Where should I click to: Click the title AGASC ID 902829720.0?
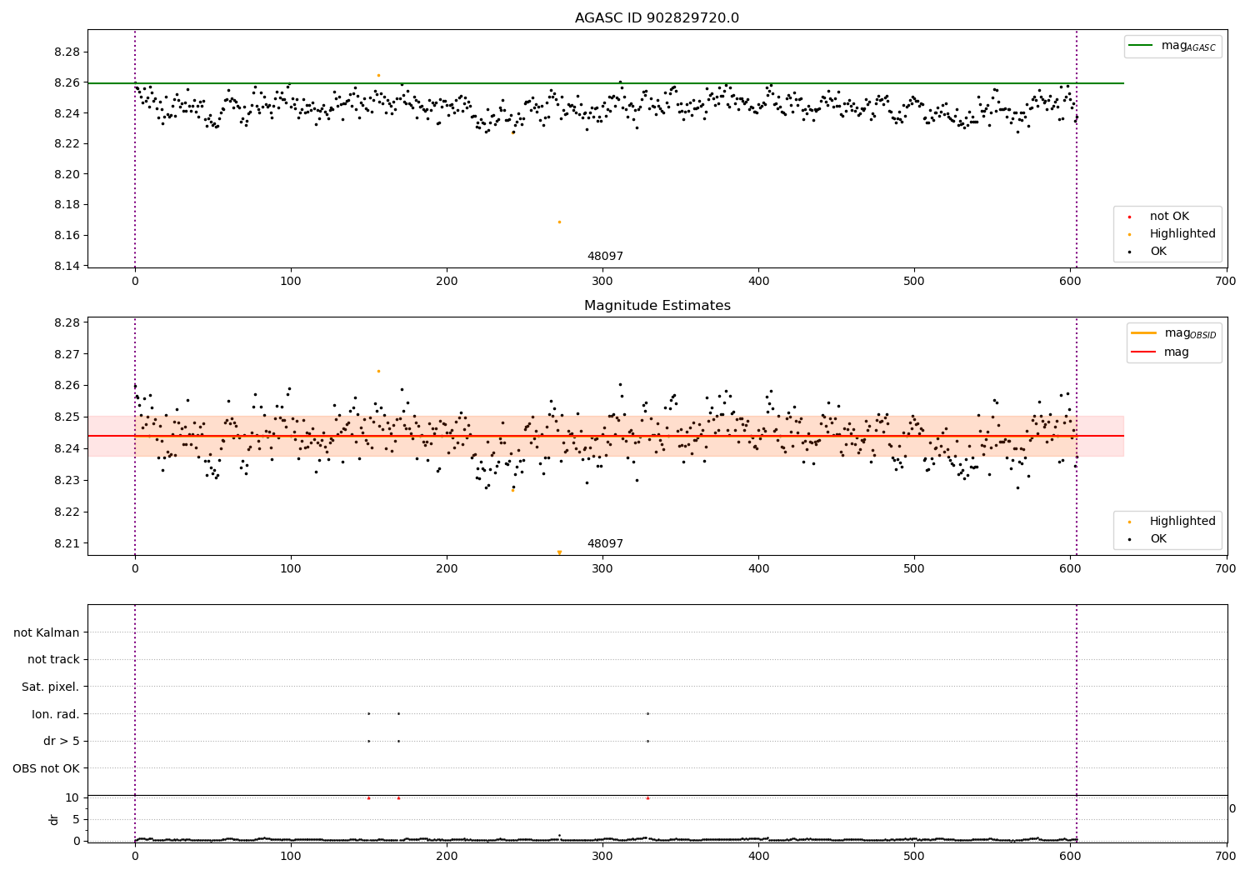tap(657, 18)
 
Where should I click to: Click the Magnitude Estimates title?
tap(657, 306)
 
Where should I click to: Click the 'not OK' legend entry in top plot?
tap(1169, 217)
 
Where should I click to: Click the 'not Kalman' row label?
tap(47, 632)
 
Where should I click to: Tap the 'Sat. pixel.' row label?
tap(50, 687)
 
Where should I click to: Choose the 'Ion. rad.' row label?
tap(55, 714)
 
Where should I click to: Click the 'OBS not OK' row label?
tap(46, 768)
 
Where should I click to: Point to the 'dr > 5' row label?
tap(61, 741)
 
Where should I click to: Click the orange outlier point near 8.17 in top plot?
tap(559, 222)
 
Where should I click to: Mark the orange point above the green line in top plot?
tap(378, 75)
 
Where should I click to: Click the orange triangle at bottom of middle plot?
tap(559, 552)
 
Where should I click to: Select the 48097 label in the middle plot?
tap(605, 543)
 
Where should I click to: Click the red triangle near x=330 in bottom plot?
tap(647, 797)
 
